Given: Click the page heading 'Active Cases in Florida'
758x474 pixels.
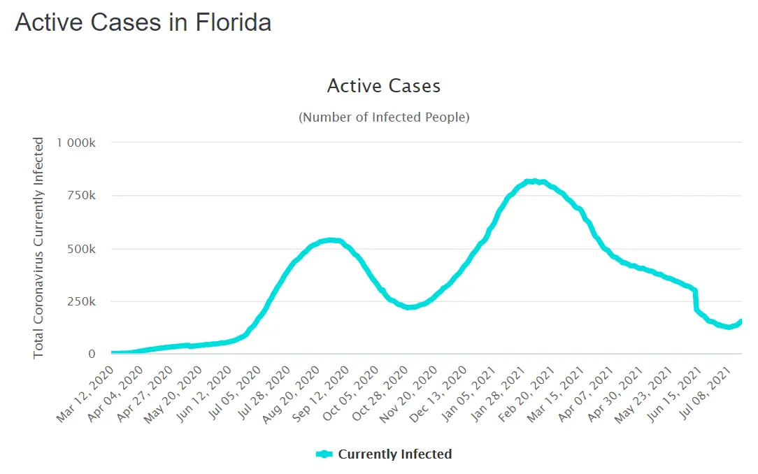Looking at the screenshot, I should point(143,22).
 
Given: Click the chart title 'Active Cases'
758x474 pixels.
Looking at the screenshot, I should point(384,86).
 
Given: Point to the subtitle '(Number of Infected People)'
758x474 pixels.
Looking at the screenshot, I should point(384,117).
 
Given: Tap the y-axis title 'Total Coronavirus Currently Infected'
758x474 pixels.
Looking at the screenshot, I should point(38,248).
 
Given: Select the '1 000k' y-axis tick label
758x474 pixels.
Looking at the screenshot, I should point(76,143).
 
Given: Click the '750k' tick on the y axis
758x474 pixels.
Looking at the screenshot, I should point(82,196).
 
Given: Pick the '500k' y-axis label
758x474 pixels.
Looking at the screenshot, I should point(82,249).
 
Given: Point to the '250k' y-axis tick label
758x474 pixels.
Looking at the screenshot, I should point(82,301).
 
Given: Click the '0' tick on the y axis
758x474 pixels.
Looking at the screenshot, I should point(91,354).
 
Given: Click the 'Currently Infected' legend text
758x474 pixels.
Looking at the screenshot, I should point(395,454).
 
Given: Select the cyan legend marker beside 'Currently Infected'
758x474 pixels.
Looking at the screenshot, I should point(324,454).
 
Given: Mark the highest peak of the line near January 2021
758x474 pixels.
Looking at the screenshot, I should point(534,181).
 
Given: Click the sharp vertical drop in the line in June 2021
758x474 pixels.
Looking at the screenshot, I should point(696,301).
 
